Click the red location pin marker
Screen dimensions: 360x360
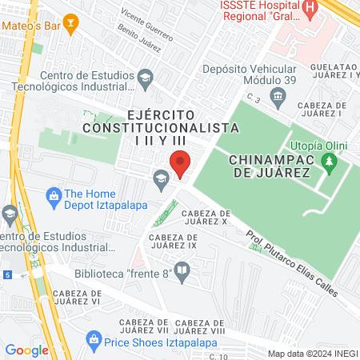[x=180, y=163]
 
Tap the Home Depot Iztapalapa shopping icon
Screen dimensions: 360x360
[x=54, y=194]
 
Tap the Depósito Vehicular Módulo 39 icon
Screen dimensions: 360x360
[x=278, y=97]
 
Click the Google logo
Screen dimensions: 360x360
[x=26, y=350]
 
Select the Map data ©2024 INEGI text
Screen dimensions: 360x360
[x=312, y=353]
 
